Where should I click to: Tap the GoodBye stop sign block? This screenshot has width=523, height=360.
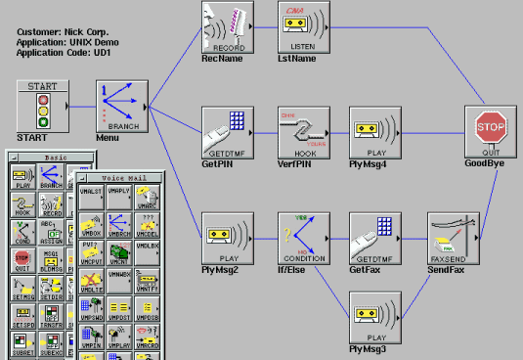[x=490, y=133]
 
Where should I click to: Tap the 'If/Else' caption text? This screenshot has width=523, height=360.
[x=296, y=269]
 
